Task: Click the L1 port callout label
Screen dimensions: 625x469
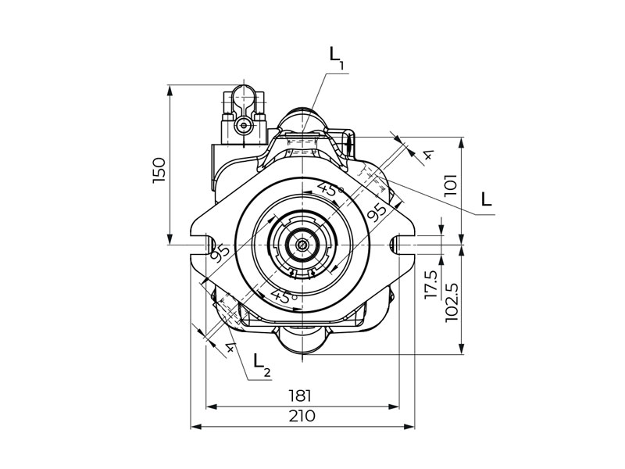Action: tap(337, 58)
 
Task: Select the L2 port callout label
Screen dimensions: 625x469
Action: tap(262, 365)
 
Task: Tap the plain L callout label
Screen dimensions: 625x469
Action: tap(486, 199)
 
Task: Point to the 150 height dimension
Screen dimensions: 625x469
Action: tap(159, 170)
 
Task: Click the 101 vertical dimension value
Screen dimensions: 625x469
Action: tap(451, 184)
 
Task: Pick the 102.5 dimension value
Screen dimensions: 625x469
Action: tap(451, 303)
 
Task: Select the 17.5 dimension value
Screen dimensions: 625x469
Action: tap(431, 285)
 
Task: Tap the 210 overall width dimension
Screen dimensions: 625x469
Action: tap(302, 416)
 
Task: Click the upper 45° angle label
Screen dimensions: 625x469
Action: tap(330, 189)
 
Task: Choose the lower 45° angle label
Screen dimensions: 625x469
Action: tap(284, 296)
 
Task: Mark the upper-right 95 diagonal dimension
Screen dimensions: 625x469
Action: tap(377, 213)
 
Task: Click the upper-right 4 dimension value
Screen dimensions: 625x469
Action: tap(428, 155)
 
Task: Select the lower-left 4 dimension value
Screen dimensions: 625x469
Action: tap(230, 348)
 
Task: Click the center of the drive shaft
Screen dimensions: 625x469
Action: tap(303, 245)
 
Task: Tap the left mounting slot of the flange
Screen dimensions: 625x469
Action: tap(209, 245)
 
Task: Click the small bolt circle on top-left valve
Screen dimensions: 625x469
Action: tap(244, 126)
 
